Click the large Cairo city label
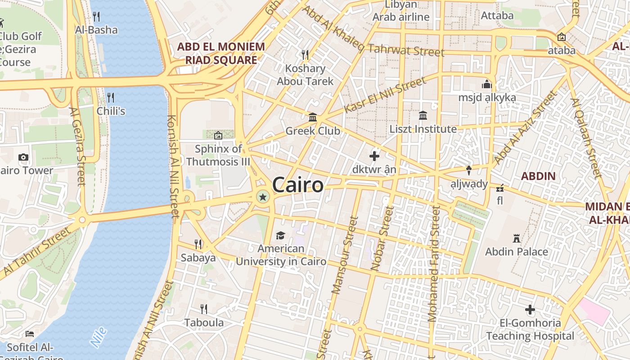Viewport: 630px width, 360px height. pyautogui.click(x=297, y=185)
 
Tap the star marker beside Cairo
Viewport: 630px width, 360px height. pyautogui.click(x=263, y=197)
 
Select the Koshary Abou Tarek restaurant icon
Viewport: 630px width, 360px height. pyautogui.click(x=305, y=55)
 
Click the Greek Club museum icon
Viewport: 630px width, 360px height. pyautogui.click(x=313, y=117)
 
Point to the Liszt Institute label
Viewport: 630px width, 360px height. pyautogui.click(x=423, y=129)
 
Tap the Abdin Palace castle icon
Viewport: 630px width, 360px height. pyautogui.click(x=517, y=238)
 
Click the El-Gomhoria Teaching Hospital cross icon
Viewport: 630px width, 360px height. pyautogui.click(x=530, y=310)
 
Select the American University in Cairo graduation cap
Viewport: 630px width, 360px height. pyautogui.click(x=280, y=235)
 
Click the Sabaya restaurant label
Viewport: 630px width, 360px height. pyautogui.click(x=198, y=258)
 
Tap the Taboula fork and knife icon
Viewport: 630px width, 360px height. pyautogui.click(x=204, y=309)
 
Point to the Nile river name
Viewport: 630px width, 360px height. pyautogui.click(x=99, y=337)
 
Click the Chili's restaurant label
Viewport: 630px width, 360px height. pyautogui.click(x=111, y=111)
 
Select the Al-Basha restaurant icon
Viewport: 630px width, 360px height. pyautogui.click(x=96, y=17)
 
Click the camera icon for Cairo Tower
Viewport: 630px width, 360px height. pyautogui.click(x=23, y=157)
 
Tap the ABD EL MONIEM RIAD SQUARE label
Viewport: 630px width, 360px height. pyautogui.click(x=220, y=53)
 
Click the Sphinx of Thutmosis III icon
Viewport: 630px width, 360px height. pyautogui.click(x=218, y=135)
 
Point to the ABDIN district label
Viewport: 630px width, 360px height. pyautogui.click(x=538, y=176)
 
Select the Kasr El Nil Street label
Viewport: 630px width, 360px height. pyautogui.click(x=385, y=95)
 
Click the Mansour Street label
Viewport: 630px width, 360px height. pyautogui.click(x=345, y=255)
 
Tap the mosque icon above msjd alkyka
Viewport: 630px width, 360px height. pyautogui.click(x=487, y=84)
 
